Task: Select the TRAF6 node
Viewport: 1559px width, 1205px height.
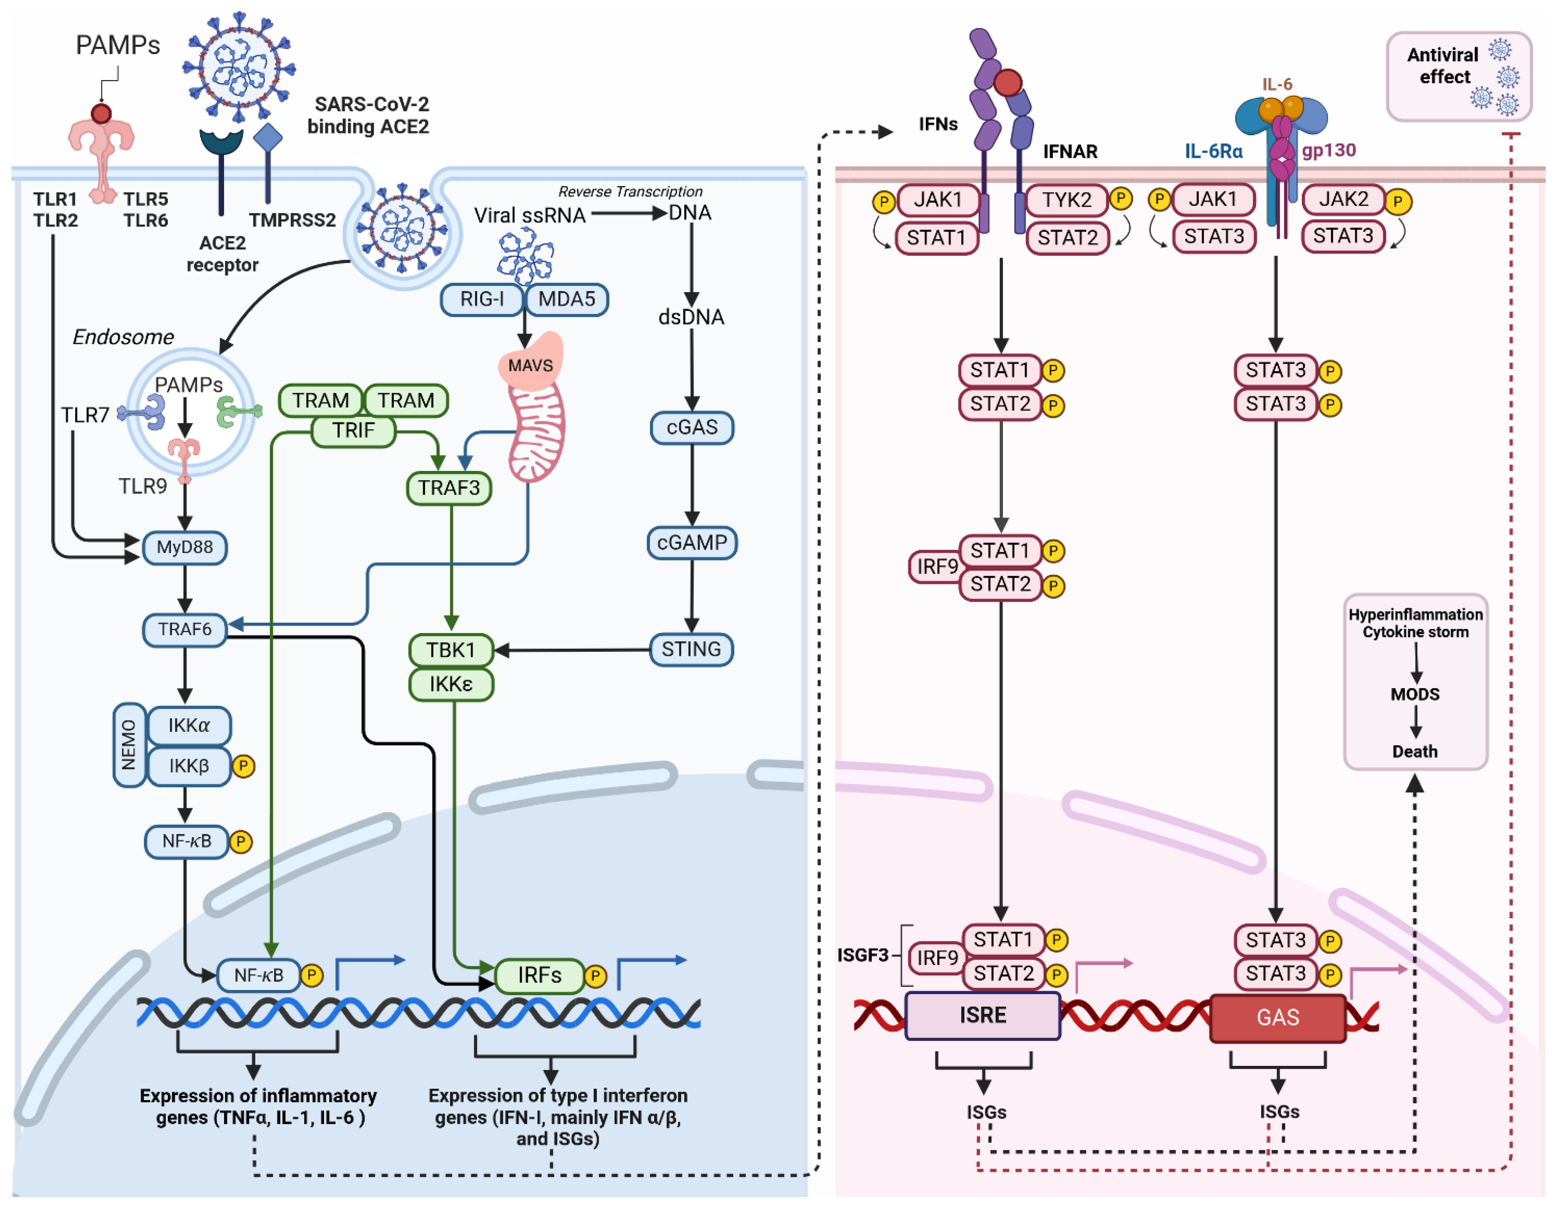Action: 185,629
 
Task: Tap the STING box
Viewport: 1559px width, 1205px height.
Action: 691,649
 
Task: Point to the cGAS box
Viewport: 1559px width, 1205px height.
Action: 692,427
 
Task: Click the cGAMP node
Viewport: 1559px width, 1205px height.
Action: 692,543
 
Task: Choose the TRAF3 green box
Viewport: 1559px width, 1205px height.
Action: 449,488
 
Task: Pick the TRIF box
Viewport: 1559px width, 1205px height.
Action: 353,430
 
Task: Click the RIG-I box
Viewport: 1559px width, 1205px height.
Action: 482,299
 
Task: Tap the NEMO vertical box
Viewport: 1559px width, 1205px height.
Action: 129,745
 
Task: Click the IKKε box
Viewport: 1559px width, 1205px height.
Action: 451,684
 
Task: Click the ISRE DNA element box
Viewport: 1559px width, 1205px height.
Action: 982,1015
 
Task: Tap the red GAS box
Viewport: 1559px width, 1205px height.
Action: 1278,1017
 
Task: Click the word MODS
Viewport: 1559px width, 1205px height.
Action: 1415,694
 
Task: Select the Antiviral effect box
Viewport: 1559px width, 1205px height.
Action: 1459,76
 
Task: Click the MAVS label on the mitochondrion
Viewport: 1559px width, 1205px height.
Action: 530,365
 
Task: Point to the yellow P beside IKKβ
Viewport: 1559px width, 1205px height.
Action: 243,766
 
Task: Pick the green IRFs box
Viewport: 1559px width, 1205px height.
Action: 540,975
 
